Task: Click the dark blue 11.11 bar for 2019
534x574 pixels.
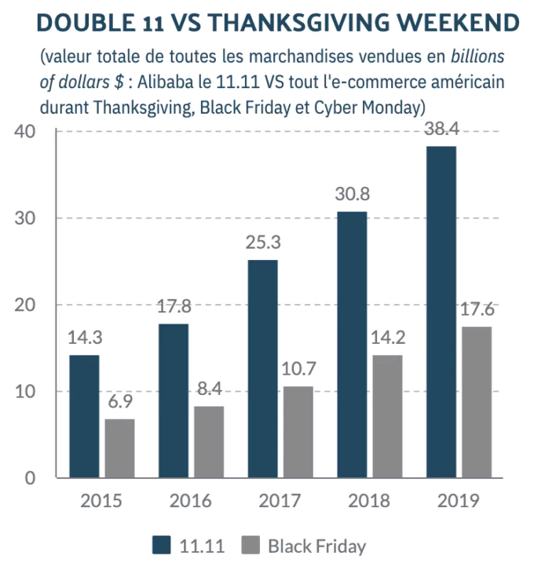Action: (x=441, y=312)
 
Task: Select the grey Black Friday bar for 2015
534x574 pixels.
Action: (x=119, y=448)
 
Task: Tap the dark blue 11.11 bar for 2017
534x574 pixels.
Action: (x=262, y=368)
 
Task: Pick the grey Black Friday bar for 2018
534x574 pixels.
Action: (x=387, y=416)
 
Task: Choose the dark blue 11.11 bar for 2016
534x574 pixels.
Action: (x=174, y=400)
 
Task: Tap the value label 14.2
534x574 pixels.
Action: (x=386, y=338)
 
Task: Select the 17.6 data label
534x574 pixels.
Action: (x=477, y=309)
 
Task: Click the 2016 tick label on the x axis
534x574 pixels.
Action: (x=190, y=500)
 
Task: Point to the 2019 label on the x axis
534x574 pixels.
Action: (x=458, y=500)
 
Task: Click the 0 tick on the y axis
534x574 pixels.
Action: (x=31, y=478)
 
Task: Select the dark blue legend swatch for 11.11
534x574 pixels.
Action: (x=163, y=545)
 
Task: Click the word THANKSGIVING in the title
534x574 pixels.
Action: (x=310, y=23)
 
